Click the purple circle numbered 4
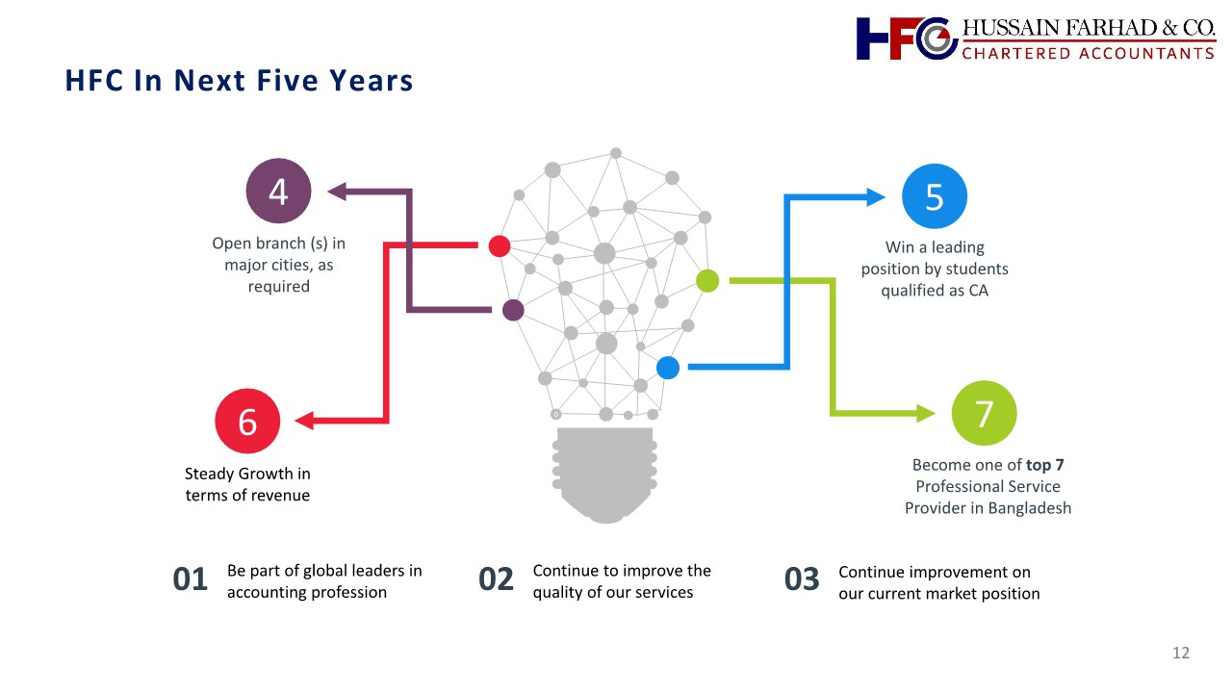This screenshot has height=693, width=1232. (278, 191)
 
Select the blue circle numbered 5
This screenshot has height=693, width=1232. (935, 196)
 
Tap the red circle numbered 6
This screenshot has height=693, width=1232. (247, 422)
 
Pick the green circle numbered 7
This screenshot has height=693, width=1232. (984, 413)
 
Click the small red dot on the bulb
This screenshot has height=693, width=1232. (500, 245)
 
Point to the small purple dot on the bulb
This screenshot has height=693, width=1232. (513, 310)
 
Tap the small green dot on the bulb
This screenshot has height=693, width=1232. (707, 281)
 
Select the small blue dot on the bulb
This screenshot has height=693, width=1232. (668, 368)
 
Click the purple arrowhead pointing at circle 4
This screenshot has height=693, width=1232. (337, 192)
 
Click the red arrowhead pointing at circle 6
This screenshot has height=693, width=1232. (304, 421)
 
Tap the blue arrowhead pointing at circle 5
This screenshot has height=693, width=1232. (876, 197)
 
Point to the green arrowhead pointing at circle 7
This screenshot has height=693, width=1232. (926, 413)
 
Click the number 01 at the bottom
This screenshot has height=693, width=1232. (191, 579)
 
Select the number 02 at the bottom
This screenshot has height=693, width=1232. (496, 579)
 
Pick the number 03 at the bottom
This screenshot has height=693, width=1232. (802, 579)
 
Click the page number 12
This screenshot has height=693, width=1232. (1181, 653)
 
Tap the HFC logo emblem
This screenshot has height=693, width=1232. (907, 38)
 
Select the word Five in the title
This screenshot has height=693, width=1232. (288, 80)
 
